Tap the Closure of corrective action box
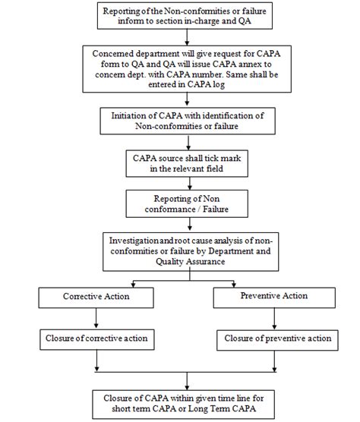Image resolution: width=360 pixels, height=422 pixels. coord(95,338)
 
